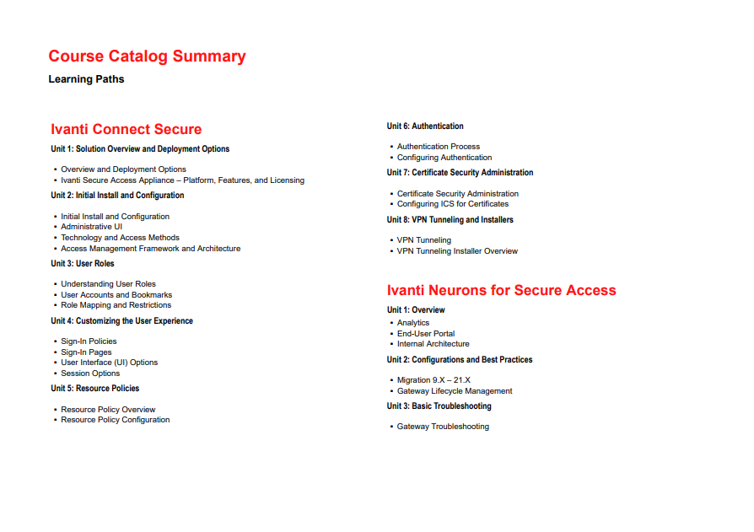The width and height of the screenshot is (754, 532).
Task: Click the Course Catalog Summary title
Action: pos(147,56)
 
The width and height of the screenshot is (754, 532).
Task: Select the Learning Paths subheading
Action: pos(86,79)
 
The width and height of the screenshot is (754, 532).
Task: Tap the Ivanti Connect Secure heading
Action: pos(126,129)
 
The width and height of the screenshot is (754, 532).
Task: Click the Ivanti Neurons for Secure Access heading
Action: pos(501,290)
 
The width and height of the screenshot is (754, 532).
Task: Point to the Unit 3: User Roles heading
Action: pos(83,264)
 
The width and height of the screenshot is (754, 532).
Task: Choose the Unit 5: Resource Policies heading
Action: pos(95,389)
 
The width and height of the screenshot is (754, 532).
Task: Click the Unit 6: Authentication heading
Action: pos(425,126)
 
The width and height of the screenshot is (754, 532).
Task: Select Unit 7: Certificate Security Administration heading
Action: pos(460,173)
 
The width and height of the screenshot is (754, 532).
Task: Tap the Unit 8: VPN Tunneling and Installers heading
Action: pos(450,220)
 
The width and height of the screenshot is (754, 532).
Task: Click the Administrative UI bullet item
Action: pos(91,227)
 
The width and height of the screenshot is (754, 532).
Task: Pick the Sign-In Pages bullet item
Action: pos(86,352)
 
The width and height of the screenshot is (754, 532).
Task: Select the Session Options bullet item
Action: pos(90,373)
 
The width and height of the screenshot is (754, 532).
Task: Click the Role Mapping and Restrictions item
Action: pos(116,305)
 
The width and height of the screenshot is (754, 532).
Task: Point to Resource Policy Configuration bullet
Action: pos(115,420)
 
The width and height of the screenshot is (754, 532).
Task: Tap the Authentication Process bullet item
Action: pos(439,147)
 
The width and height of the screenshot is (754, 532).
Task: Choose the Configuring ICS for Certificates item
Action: pos(453,204)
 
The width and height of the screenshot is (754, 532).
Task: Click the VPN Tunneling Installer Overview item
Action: pos(457,251)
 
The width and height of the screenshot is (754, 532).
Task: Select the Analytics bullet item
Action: pos(413,323)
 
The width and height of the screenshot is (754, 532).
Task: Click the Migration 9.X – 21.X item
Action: pos(434,380)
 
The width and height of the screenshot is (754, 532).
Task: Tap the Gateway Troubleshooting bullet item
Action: pos(443,427)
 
